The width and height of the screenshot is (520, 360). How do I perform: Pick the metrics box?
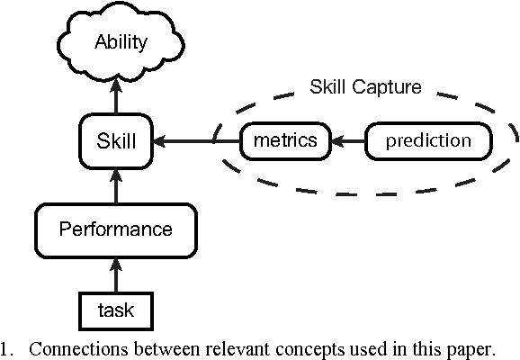pyautogui.click(x=283, y=140)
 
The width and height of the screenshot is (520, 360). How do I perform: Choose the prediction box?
pyautogui.click(x=427, y=140)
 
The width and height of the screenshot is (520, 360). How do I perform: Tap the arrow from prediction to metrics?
pyautogui.click(x=346, y=140)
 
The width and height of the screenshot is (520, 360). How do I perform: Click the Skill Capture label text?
pyautogui.click(x=365, y=87)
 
